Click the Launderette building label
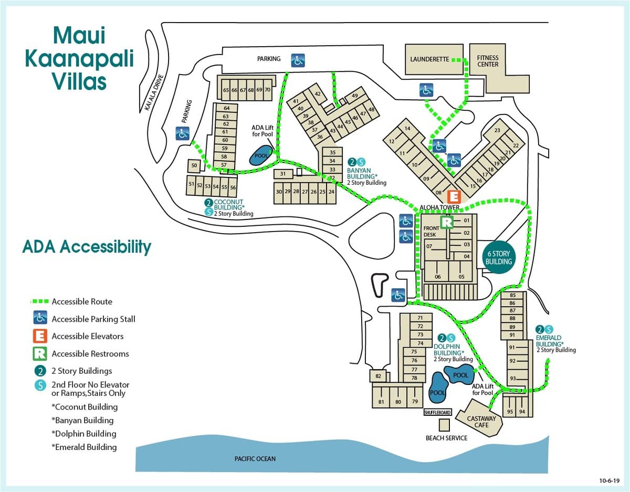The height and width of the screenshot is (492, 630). coord(429,59)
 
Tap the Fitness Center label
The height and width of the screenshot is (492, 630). coord(488,61)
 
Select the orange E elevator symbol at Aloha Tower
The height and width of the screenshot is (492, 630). coord(454,197)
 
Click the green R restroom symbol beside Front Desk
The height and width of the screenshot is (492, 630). coord(447,222)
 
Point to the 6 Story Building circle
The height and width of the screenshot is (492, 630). coord(499,257)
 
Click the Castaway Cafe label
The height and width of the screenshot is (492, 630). coord(481,422)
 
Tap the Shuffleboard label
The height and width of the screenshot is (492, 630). coord(437,412)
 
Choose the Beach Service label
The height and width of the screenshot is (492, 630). coord(446,438)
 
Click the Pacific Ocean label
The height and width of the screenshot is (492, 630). coord(255,459)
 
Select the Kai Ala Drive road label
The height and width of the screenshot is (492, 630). coord(154,92)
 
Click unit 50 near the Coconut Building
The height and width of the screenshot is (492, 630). coord(194,165)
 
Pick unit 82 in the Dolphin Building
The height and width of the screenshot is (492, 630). coord(378,376)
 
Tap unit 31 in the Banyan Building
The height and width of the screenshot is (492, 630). coord(283,174)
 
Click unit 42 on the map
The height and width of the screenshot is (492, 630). coord(318,93)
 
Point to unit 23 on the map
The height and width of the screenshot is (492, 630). coord(497,130)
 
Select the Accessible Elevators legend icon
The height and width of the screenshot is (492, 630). coord(40,336)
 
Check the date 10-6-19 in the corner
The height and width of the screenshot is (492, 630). coord(610,480)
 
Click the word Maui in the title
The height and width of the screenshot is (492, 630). coord(79,35)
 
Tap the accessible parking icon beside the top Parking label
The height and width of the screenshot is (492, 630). coord(298,60)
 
